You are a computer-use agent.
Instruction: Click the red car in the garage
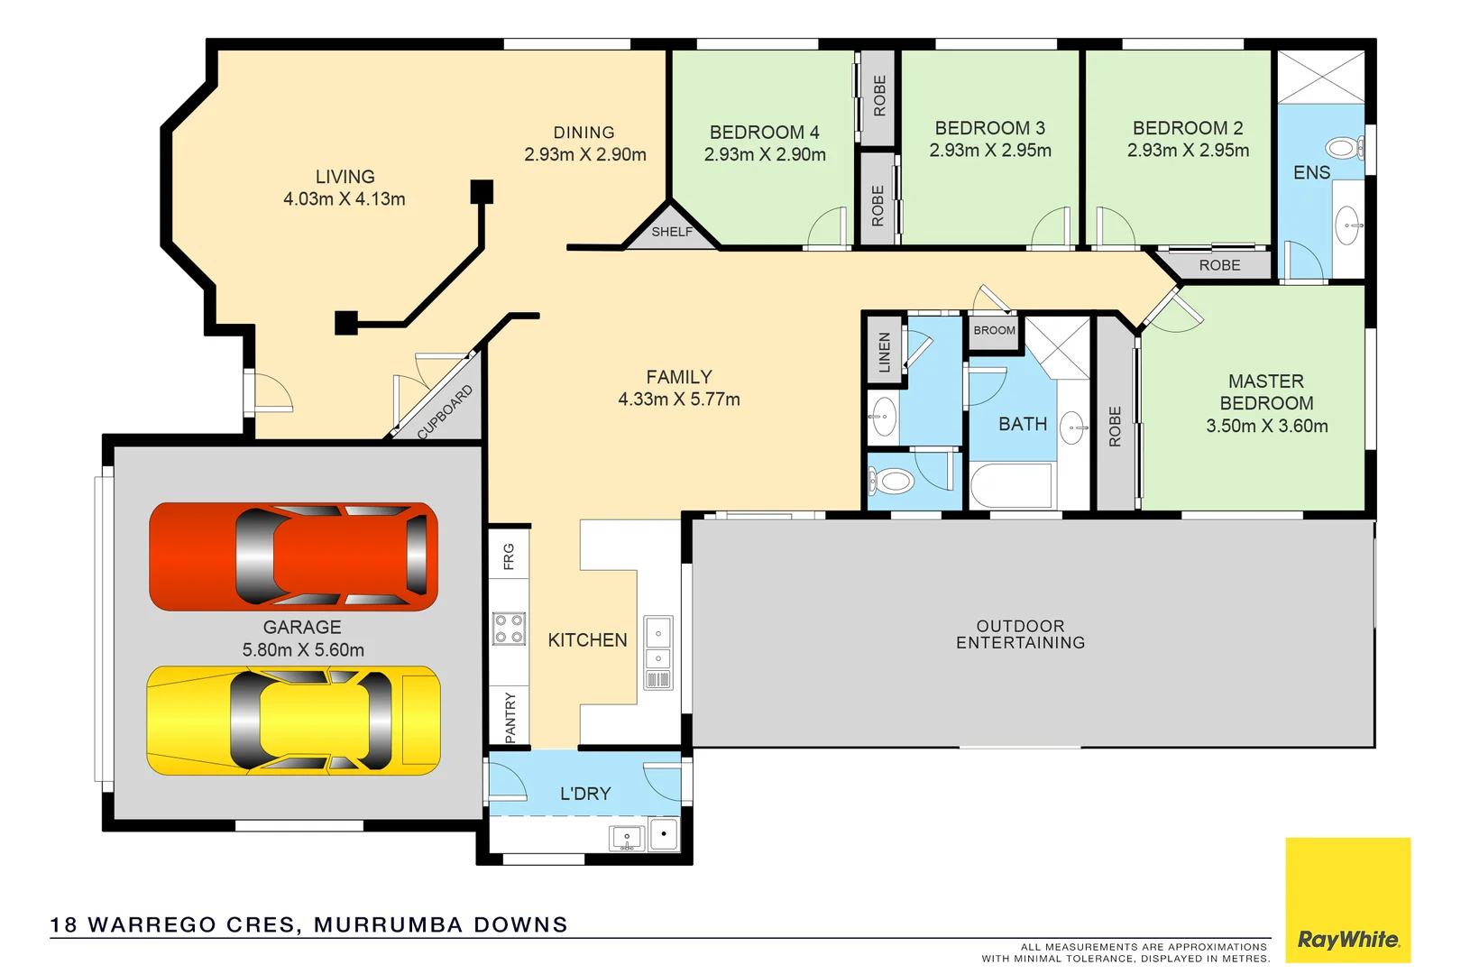point(293,556)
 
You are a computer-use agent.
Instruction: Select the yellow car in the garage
point(293,721)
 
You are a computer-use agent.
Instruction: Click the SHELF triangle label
point(672,232)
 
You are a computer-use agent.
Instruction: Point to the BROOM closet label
point(994,330)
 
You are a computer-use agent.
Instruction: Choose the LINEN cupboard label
point(884,352)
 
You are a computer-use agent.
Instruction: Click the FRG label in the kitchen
point(509,556)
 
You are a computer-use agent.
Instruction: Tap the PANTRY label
point(510,717)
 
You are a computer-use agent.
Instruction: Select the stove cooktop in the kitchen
point(509,629)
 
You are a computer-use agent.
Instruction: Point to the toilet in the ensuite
point(1344,147)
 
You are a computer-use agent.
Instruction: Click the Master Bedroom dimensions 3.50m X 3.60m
point(1266,426)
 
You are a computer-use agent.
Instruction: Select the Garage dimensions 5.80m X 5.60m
point(303,649)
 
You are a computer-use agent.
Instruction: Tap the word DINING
point(583,133)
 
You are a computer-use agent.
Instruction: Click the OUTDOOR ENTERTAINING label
point(1020,634)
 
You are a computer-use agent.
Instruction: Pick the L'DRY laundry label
point(585,794)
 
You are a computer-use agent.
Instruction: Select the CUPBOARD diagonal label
point(445,412)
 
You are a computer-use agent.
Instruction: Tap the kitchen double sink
point(658,646)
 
